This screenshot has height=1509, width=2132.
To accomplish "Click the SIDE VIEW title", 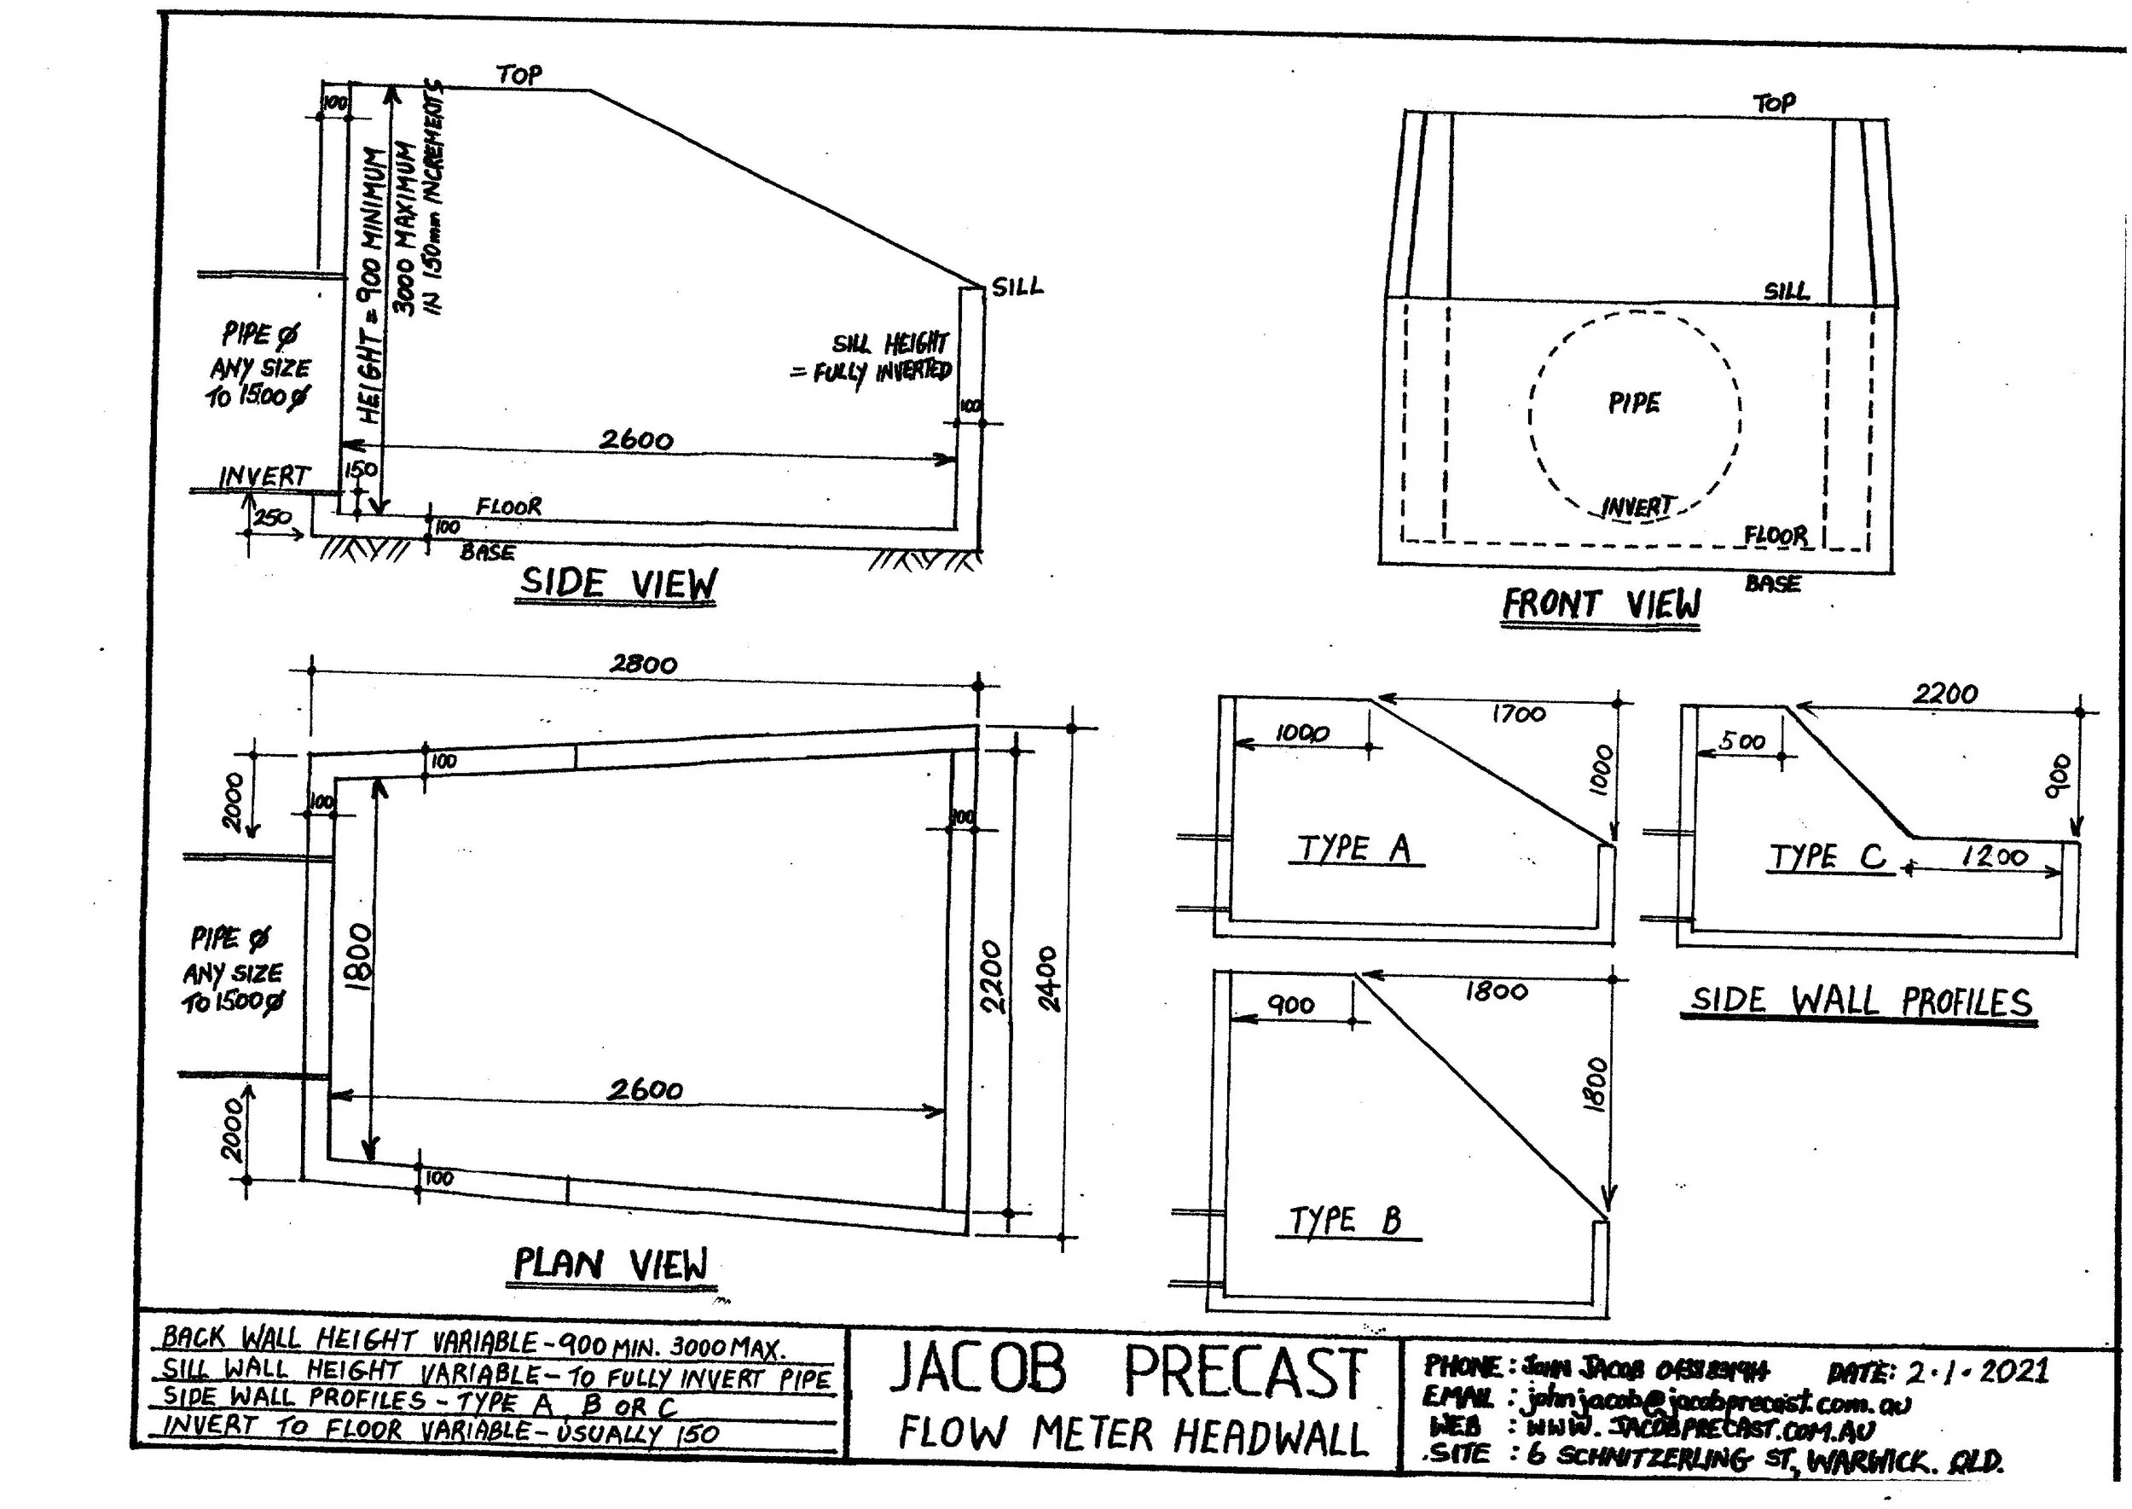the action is pyautogui.click(x=617, y=583).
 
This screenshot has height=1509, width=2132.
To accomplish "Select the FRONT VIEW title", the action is pyautogui.click(x=1601, y=605).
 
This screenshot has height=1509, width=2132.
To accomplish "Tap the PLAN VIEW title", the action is pyautogui.click(x=611, y=1265).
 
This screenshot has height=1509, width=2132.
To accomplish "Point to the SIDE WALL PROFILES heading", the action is pyautogui.click(x=1860, y=1001).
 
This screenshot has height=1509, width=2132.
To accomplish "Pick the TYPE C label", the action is pyautogui.click(x=1828, y=856).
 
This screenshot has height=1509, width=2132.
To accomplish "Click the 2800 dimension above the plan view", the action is pyautogui.click(x=643, y=665).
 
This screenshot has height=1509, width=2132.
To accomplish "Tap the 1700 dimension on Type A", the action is pyautogui.click(x=1519, y=714).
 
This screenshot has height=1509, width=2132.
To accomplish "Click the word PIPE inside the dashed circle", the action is pyautogui.click(x=1634, y=403).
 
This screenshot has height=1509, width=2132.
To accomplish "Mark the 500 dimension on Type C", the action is pyautogui.click(x=1741, y=741).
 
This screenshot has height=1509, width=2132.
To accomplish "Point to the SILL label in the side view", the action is pyautogui.click(x=1017, y=287).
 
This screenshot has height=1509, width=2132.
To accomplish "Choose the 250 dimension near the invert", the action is pyautogui.click(x=272, y=518).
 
